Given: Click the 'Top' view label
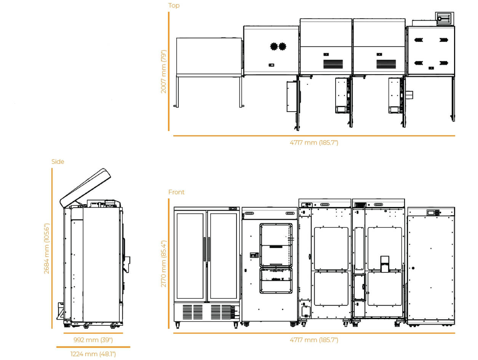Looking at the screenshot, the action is [x=174, y=5].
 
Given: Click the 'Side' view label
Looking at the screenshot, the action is [x=58, y=162].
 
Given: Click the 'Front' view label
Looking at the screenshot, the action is [x=176, y=192].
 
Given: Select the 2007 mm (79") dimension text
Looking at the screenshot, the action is [x=164, y=72].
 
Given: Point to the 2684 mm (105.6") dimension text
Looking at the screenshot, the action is [x=46, y=248].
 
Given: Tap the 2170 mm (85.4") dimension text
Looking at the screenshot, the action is [x=164, y=264].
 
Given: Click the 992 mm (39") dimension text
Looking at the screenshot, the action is [x=93, y=340].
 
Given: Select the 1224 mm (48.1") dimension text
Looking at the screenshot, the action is [x=93, y=354].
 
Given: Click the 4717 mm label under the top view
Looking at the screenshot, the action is [x=314, y=142].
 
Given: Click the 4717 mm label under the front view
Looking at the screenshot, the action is [x=314, y=340].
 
